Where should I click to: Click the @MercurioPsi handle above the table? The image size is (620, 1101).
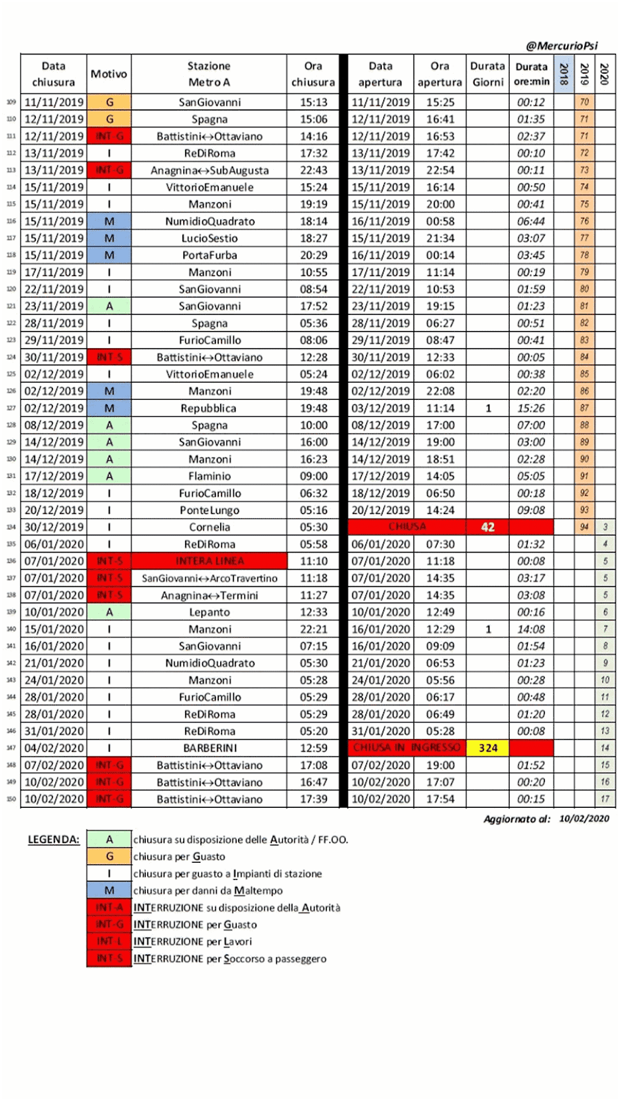562,46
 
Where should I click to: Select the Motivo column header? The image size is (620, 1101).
109,74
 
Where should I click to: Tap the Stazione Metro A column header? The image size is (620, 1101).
209,74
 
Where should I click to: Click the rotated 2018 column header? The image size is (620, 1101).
564,74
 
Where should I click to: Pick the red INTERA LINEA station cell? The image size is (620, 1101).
209,561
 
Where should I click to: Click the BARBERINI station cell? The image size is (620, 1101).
209,748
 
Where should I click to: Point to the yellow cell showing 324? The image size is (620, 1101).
488,748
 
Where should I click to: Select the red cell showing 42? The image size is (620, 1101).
488,527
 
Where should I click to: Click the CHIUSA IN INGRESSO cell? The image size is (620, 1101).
407,748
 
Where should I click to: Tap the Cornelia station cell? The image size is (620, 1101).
209,527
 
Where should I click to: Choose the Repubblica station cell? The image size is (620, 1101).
209,408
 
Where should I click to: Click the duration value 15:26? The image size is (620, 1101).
531,408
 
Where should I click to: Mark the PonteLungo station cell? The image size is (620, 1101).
209,510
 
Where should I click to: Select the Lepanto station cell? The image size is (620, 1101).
209,612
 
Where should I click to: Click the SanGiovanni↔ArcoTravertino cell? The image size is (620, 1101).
209,578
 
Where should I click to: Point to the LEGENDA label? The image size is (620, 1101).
54,840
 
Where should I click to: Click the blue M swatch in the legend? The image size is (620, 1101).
109,890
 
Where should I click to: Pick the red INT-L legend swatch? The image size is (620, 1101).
109,941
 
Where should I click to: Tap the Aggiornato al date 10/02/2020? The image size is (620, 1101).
584,819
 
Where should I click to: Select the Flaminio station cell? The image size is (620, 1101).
209,476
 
